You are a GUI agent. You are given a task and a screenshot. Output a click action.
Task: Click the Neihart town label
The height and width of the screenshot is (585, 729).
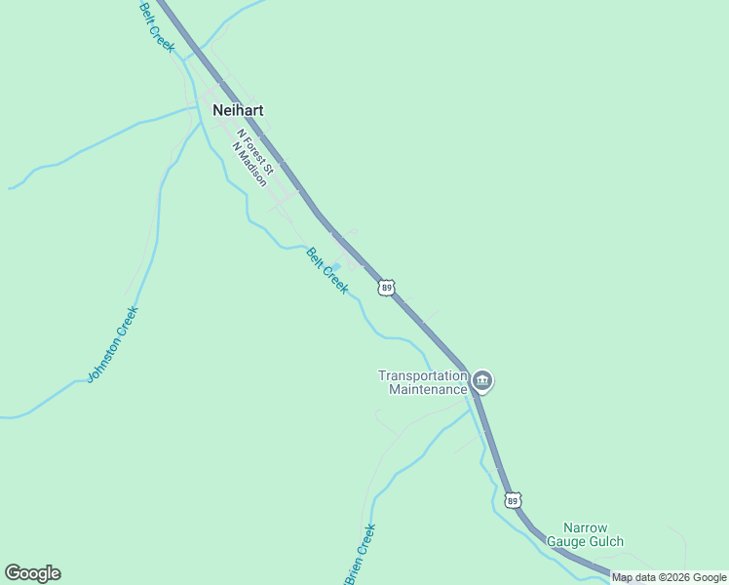tap(238, 110)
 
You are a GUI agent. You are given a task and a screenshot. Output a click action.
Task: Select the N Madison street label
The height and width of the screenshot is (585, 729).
tap(249, 164)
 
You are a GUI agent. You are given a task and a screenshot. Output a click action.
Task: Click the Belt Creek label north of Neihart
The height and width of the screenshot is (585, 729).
tap(156, 25)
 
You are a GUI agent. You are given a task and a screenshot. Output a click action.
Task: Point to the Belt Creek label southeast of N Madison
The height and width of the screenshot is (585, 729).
tap(326, 270)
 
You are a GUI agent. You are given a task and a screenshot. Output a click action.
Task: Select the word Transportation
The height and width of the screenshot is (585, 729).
tap(423, 375)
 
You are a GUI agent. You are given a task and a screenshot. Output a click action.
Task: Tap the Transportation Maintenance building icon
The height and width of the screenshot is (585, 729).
tap(481, 380)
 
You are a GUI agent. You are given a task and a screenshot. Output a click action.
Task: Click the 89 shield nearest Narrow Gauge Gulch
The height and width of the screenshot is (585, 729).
tap(513, 499)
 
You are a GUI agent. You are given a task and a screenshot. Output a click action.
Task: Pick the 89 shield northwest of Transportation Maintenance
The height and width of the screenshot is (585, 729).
tap(387, 288)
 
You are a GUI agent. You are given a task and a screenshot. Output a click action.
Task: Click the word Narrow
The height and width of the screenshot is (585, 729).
tap(585, 527)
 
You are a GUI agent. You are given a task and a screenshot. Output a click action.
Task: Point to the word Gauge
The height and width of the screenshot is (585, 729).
tap(567, 541)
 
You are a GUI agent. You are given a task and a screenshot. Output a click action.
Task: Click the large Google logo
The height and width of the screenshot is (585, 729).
tap(32, 573)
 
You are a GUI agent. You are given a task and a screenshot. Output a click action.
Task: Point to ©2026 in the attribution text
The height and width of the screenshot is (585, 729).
tap(678, 578)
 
